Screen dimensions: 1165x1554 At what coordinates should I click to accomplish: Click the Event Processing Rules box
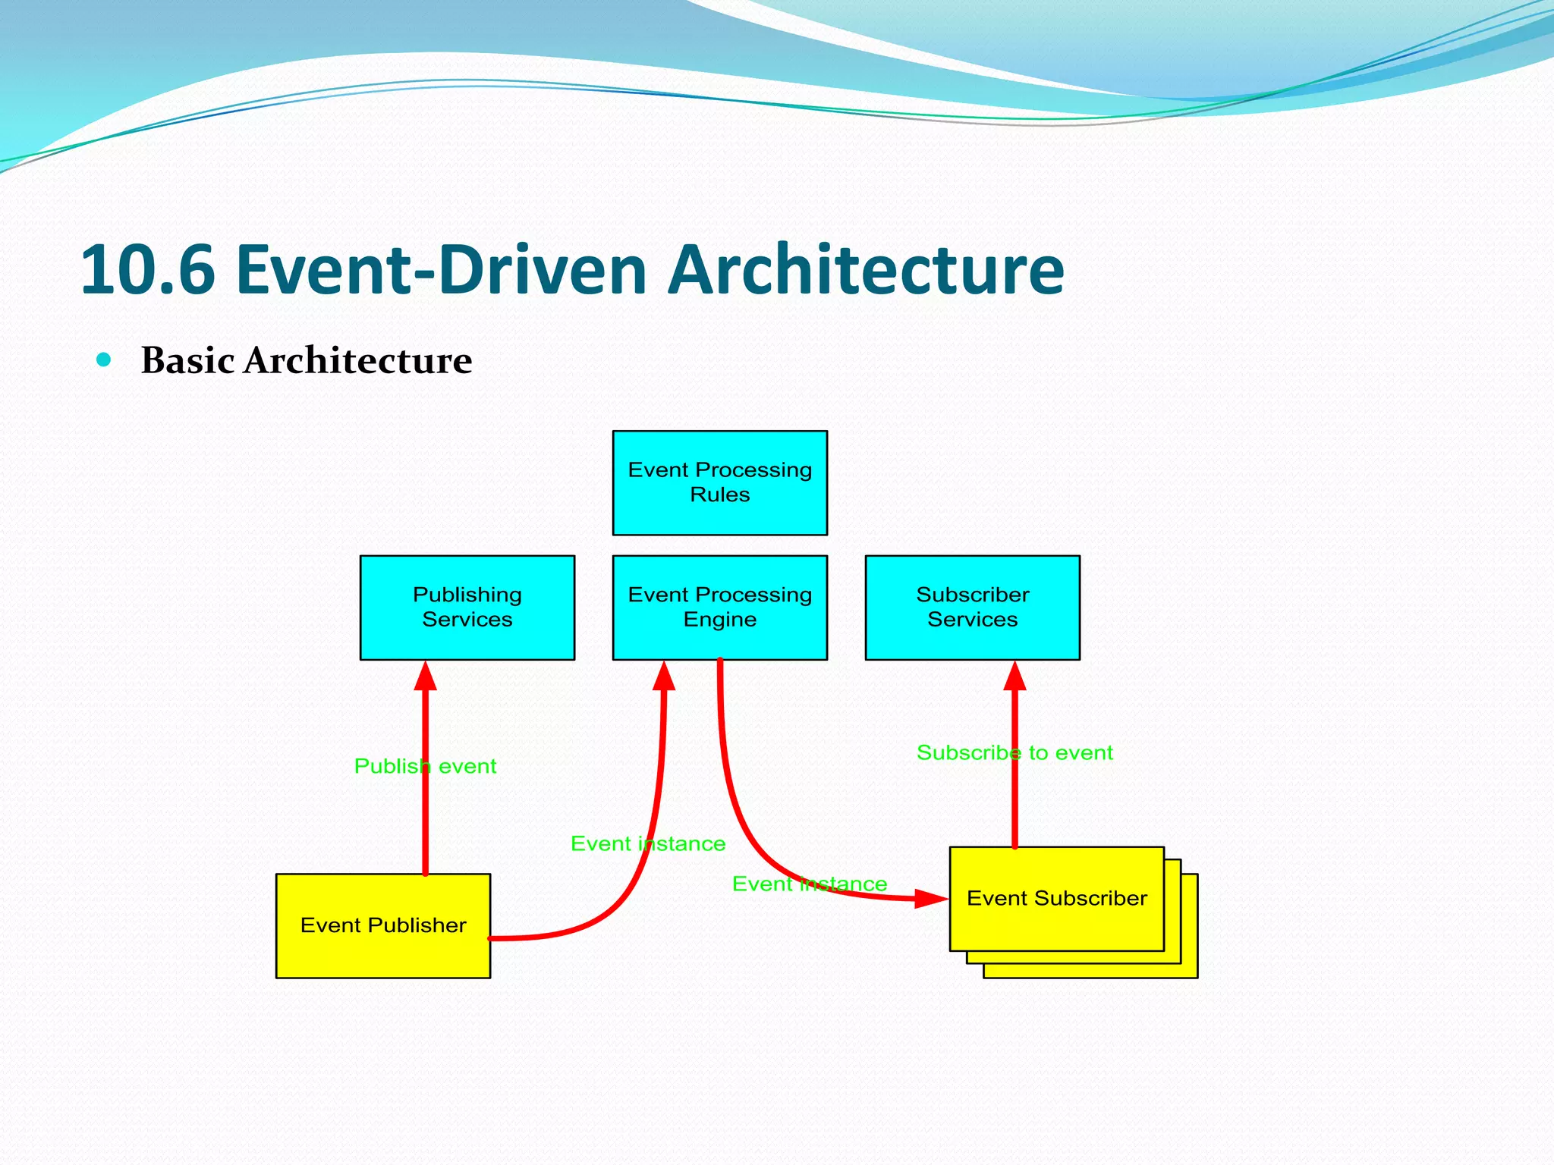pyautogui.click(x=719, y=482)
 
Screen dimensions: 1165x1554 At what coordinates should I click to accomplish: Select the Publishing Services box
pyautogui.click(x=467, y=607)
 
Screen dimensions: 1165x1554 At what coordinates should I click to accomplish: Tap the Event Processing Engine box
pyautogui.click(x=719, y=607)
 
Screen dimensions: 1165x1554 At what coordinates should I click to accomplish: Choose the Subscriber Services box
pyautogui.click(x=972, y=607)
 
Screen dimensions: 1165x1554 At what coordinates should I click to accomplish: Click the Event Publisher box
pyautogui.click(x=382, y=925)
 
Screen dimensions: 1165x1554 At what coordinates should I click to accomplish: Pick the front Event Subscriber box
pyautogui.click(x=1056, y=898)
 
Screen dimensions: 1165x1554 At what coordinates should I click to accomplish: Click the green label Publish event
pyautogui.click(x=425, y=766)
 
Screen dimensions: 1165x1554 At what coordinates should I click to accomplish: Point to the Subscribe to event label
pyautogui.click(x=1014, y=752)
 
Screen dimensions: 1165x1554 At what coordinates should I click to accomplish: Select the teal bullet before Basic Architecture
pyautogui.click(x=104, y=360)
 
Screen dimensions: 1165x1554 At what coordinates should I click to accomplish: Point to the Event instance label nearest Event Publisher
pyautogui.click(x=647, y=843)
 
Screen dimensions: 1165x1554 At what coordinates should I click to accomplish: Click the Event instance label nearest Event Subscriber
pyautogui.click(x=809, y=884)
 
